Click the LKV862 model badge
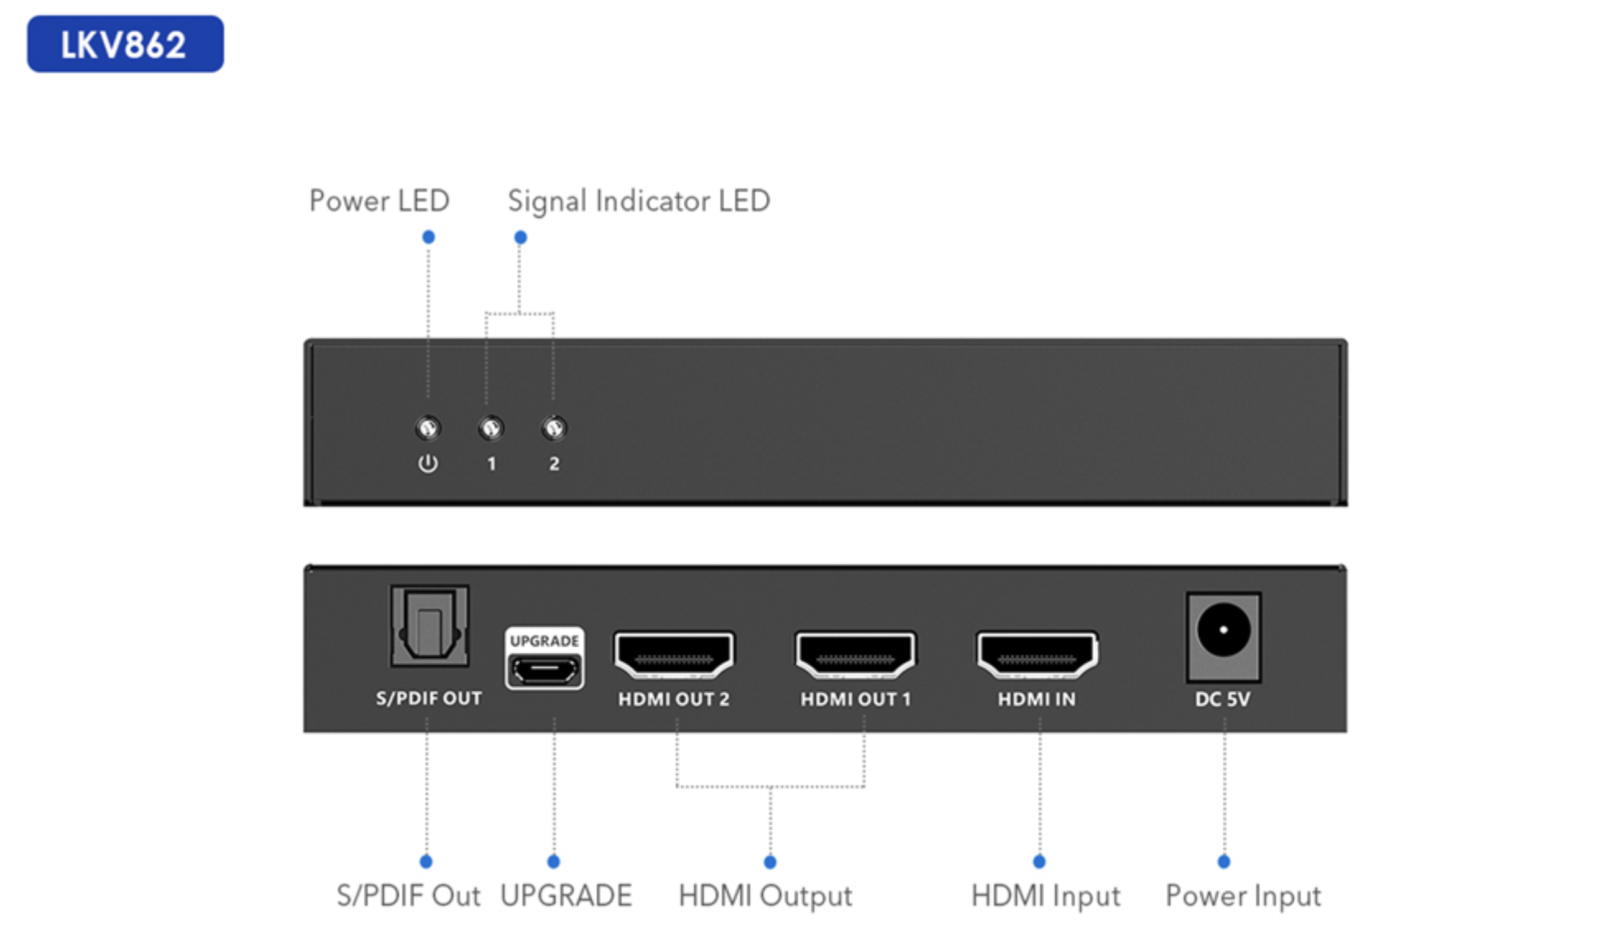pos(125,44)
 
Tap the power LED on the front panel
pos(428,427)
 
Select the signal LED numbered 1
pos(491,427)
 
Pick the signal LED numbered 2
pos(554,427)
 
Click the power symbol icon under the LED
pos(428,463)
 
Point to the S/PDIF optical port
pos(430,625)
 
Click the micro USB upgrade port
pos(545,670)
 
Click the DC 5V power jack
pos(1223,630)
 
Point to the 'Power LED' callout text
pos(379,201)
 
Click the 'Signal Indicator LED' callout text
pos(639,201)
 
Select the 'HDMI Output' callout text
pos(765,896)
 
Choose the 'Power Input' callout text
pos(1243,896)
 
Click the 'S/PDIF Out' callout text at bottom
pos(408,896)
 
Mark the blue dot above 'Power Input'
pos(1224,862)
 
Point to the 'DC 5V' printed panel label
pos(1223,699)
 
